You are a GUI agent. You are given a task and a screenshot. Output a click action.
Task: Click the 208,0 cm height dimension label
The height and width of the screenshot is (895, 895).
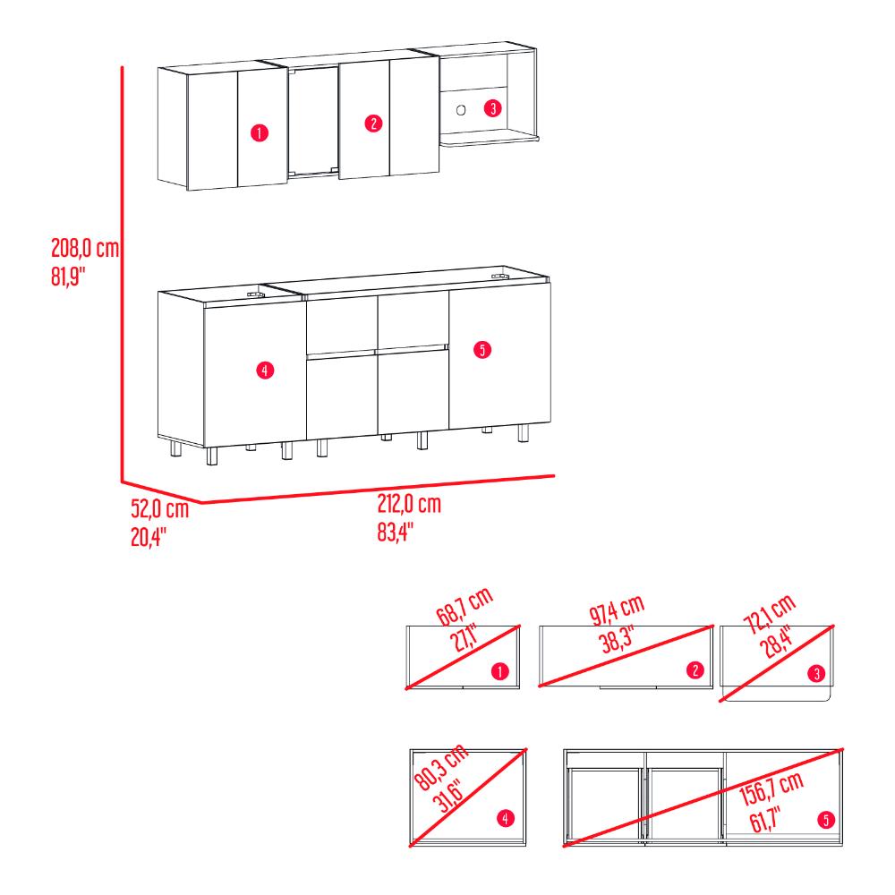tap(85, 248)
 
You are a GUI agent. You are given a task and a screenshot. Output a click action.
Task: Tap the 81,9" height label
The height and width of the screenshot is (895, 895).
tap(68, 277)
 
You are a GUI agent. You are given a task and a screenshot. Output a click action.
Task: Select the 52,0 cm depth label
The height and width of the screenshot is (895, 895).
tap(160, 508)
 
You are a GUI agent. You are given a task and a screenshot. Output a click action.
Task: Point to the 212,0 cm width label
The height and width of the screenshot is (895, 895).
tap(409, 504)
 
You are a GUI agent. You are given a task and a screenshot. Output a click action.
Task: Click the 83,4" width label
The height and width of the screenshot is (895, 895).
tap(395, 532)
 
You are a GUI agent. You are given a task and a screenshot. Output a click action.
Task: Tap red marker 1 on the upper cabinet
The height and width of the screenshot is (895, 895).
tap(260, 133)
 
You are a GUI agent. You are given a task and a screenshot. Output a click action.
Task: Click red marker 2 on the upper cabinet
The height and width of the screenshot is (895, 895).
tap(373, 123)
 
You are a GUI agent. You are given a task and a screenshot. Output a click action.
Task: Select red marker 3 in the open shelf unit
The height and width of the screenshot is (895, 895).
tap(493, 108)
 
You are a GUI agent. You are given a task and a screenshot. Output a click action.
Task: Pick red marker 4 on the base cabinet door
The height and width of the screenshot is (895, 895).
tap(265, 371)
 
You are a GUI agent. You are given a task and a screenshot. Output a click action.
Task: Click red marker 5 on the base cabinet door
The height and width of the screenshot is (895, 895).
tap(482, 349)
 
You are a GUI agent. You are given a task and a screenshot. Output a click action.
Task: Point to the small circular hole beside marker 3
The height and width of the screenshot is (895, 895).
tap(461, 109)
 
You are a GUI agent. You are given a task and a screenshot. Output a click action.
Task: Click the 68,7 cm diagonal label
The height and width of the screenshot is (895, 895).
tap(465, 607)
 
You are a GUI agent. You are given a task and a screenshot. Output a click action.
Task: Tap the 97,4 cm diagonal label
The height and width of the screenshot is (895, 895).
tap(617, 609)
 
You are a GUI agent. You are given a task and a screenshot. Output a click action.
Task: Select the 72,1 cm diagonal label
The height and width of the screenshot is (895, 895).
tap(770, 614)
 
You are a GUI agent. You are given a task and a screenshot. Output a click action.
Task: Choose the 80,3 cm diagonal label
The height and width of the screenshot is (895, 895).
tap(441, 768)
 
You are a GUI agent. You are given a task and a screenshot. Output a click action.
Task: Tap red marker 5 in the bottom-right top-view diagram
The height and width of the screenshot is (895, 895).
tap(826, 820)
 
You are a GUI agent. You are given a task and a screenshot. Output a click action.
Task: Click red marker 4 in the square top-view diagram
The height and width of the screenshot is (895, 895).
tap(505, 819)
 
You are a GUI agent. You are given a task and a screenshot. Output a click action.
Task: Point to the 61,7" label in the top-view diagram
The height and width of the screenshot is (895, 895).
tap(765, 820)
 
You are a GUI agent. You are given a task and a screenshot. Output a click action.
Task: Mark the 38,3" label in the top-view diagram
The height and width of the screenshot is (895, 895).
tap(617, 639)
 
